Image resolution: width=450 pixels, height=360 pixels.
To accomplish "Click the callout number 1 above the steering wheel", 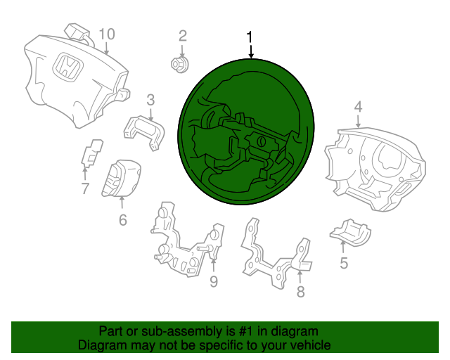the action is point(250,37).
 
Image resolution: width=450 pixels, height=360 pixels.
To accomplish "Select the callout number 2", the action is point(183,36).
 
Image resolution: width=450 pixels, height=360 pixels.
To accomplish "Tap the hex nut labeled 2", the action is point(180,65).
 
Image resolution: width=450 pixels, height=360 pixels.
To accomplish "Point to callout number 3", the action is point(150,100).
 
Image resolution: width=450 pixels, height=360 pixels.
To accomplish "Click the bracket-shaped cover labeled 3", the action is point(144,132).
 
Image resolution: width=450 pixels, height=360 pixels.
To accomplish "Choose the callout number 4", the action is point(358,107).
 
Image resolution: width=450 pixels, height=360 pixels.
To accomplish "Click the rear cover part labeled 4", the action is point(376,169).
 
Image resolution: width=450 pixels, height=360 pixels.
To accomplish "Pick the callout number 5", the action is point(344,263).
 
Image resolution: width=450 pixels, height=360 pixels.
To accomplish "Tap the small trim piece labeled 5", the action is point(350,232).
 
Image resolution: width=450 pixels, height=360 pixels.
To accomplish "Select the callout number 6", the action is point(123,220).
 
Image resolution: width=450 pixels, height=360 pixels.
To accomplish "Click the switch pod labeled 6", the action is point(121,179).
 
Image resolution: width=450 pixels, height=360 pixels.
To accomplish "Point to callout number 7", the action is point(85,188).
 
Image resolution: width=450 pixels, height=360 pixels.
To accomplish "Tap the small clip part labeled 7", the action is point(92,153).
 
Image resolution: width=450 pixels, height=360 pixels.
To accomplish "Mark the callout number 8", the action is point(300,292).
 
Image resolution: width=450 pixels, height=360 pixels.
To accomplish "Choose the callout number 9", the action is point(214,282).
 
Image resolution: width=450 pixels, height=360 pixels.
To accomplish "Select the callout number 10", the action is point(107,34).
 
